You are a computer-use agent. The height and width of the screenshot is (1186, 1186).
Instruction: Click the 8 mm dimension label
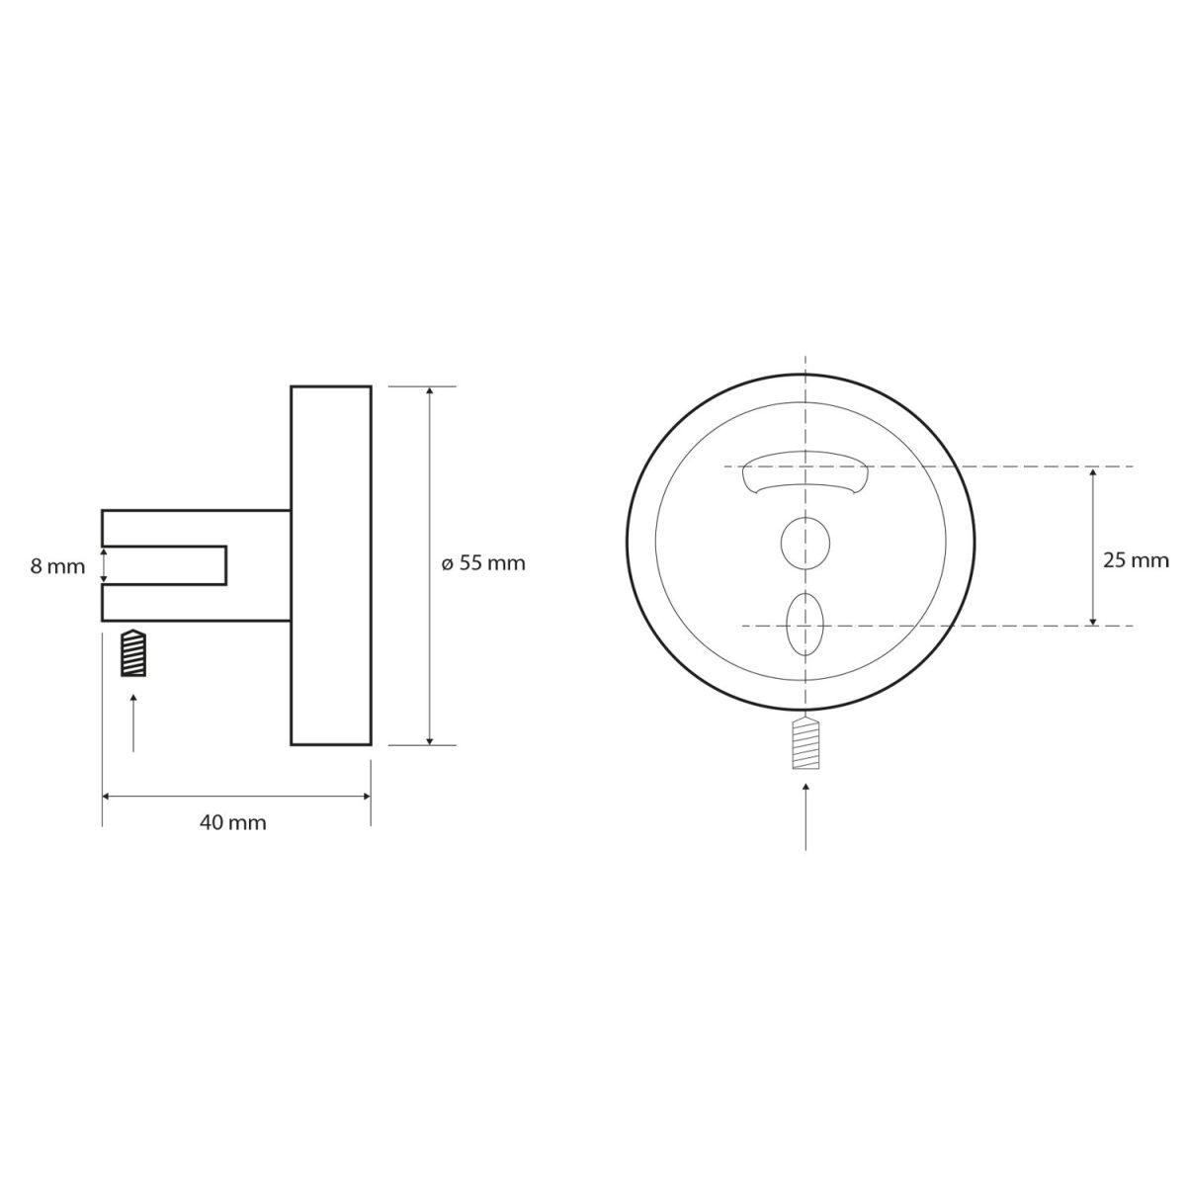(x=58, y=566)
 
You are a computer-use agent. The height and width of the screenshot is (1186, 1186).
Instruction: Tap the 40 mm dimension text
(x=232, y=823)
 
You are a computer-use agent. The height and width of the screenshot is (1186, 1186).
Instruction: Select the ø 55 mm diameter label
(x=483, y=563)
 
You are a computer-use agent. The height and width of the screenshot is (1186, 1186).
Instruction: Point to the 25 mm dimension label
(x=1136, y=560)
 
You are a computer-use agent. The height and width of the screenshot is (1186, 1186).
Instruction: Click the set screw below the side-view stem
(x=133, y=653)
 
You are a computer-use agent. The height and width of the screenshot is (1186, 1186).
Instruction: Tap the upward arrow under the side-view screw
(x=133, y=722)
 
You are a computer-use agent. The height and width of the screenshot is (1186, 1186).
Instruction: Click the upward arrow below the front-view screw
(x=805, y=816)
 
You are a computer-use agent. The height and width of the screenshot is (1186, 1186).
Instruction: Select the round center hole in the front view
(x=805, y=543)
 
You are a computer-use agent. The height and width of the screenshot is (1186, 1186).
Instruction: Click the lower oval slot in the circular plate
(x=805, y=625)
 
